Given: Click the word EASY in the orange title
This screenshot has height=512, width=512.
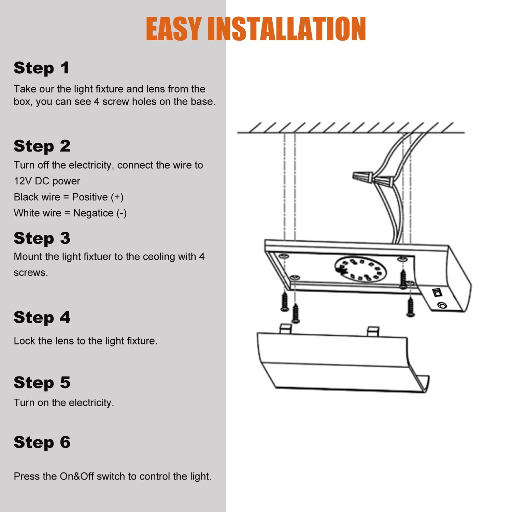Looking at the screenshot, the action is pos(174,29).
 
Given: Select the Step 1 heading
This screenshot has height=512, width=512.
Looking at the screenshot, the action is pos(42,68).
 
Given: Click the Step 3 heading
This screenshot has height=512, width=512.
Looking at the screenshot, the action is pos(42,238).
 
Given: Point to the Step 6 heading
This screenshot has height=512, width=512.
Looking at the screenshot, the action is pos(42,443).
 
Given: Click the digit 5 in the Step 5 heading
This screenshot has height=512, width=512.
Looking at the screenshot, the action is pos(65,382).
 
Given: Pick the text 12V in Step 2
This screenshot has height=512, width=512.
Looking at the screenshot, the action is pos(23,181).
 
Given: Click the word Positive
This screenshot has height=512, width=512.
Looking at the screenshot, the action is pos(90,197).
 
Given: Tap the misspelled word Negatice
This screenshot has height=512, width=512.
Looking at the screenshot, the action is pos(94,213).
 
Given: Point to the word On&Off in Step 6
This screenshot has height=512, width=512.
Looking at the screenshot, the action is pos(77,476).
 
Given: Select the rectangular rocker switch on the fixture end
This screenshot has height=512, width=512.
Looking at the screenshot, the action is pos(437,292).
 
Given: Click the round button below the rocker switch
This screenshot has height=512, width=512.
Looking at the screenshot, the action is pos(442,305).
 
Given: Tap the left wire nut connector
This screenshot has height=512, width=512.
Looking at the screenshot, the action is pos(363,177).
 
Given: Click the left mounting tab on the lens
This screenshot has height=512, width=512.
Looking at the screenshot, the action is pos(285,328).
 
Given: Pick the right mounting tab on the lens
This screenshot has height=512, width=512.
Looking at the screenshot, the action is pos(373,331).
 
